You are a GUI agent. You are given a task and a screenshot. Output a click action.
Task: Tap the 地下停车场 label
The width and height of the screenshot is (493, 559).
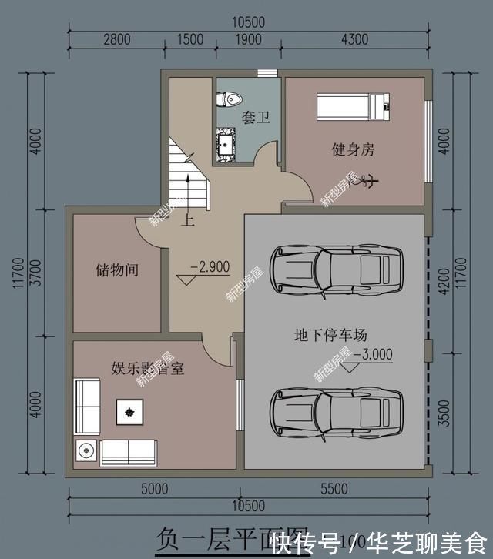[330, 335]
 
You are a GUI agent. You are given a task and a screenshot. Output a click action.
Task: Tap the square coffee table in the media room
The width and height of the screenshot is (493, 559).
[129, 412]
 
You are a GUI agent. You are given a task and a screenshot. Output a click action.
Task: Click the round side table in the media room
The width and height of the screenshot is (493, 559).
[86, 450]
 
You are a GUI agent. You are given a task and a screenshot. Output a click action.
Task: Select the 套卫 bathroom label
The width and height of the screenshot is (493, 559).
[257, 118]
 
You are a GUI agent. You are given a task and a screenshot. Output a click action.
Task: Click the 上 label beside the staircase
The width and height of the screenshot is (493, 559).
[186, 221]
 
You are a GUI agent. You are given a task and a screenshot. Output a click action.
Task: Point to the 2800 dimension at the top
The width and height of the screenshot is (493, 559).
[116, 39]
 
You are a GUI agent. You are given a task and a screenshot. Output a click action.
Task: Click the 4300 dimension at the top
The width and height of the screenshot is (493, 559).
[354, 39]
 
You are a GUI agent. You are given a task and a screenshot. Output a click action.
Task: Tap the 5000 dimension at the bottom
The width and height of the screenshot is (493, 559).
[154, 488]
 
